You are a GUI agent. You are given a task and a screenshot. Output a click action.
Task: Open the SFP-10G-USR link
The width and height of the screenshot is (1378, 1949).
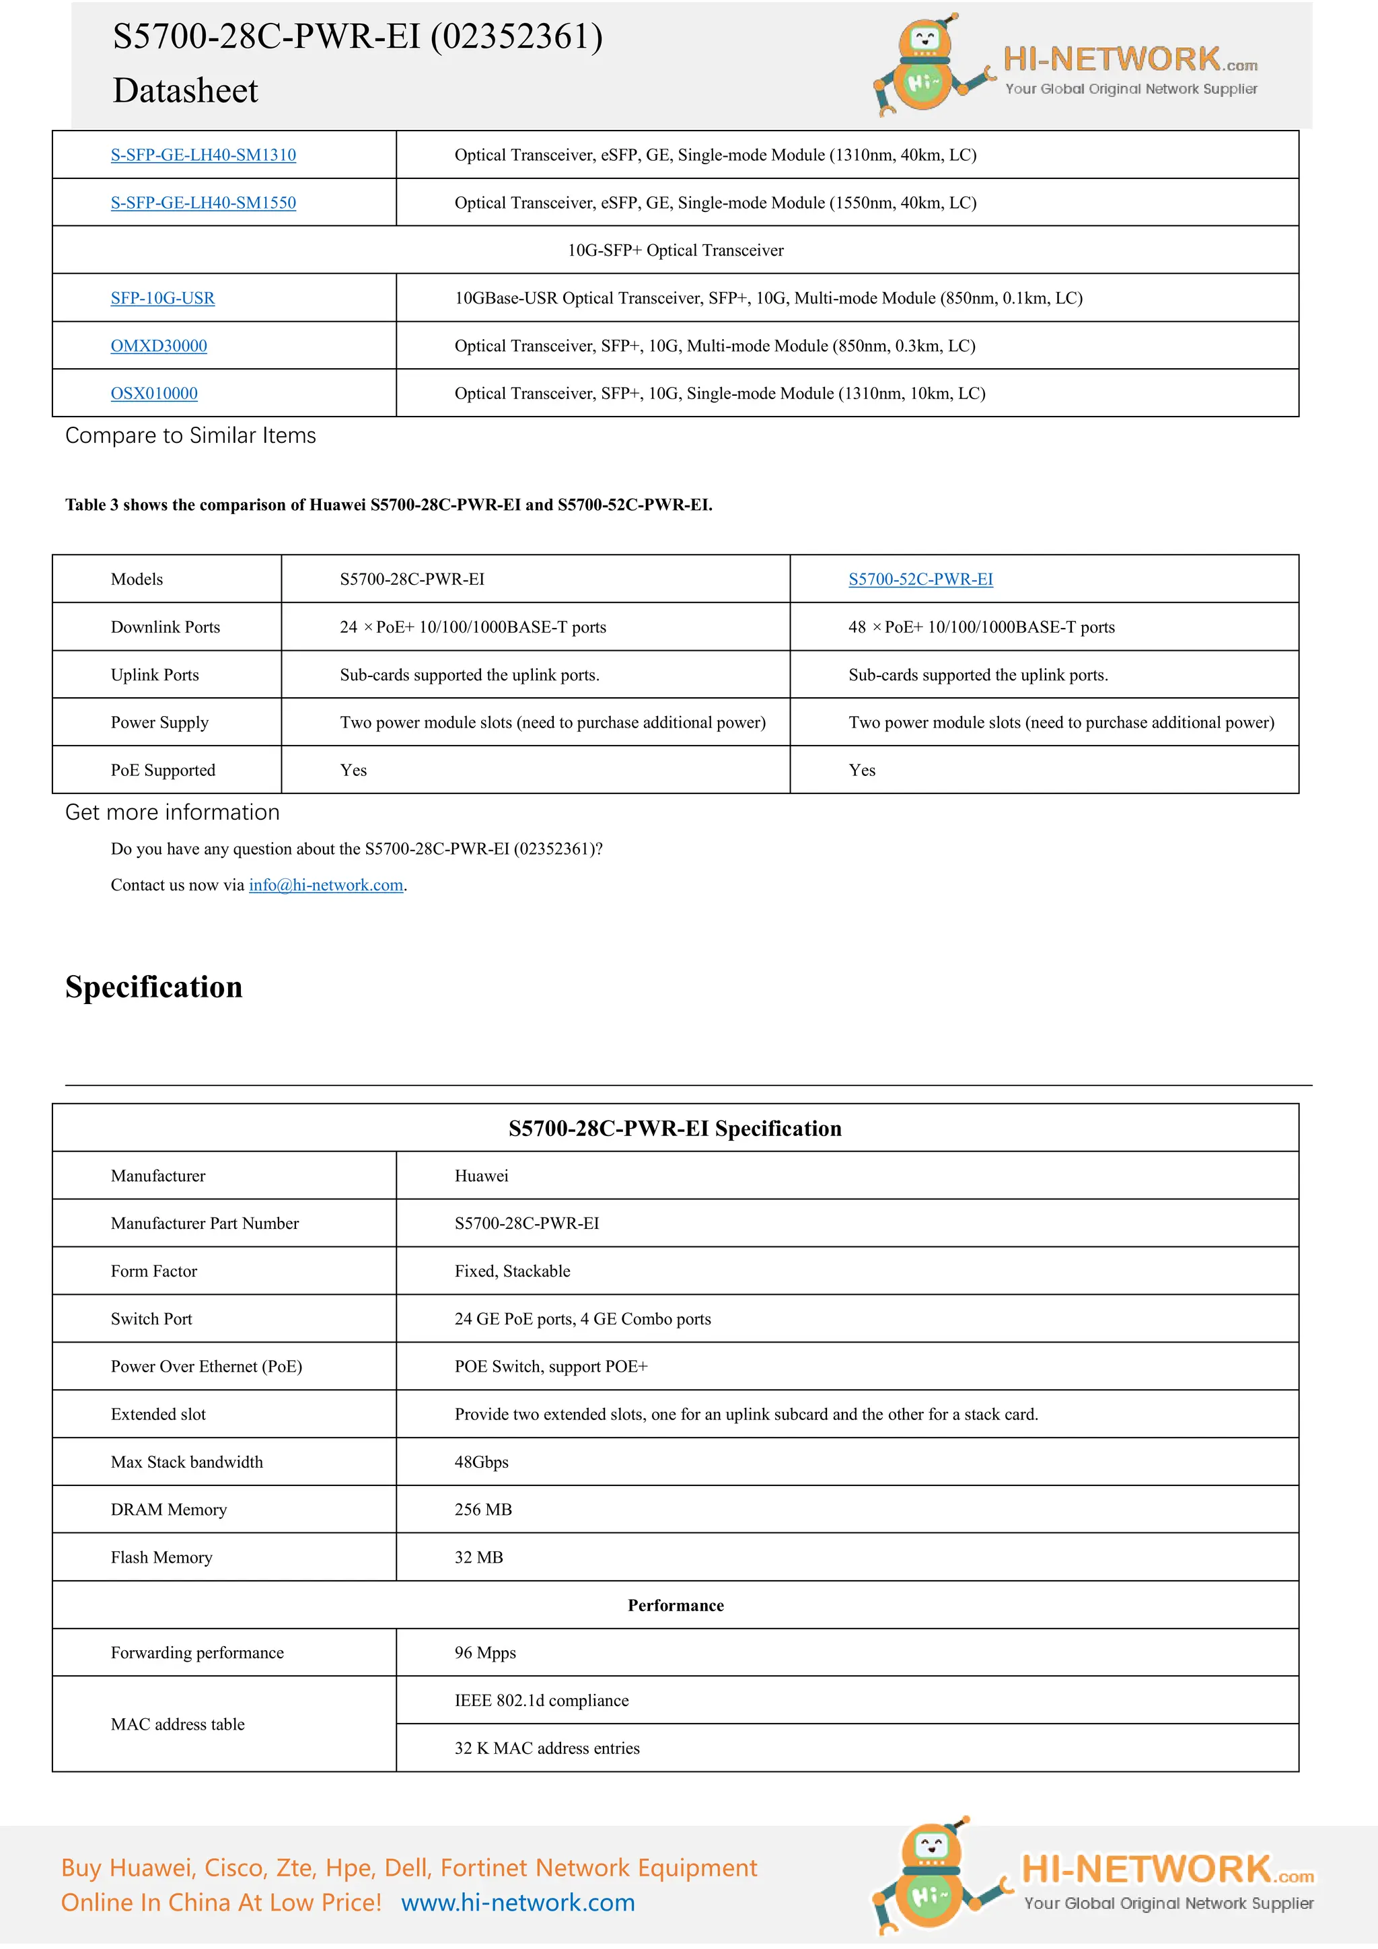point(162,298)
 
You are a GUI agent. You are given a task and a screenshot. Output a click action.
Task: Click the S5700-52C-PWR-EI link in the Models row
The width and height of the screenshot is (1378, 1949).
point(920,579)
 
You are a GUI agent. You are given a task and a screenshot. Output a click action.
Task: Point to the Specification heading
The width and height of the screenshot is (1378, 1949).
point(153,987)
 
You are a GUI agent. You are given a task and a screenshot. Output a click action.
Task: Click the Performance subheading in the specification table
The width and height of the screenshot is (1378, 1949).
point(676,1605)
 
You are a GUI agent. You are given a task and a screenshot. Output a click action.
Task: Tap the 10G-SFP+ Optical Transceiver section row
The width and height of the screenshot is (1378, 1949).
point(676,250)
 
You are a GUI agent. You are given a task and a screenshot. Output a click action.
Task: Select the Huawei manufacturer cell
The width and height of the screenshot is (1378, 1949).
point(481,1176)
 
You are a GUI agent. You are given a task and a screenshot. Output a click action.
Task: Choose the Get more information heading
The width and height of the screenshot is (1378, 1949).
point(172,812)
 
